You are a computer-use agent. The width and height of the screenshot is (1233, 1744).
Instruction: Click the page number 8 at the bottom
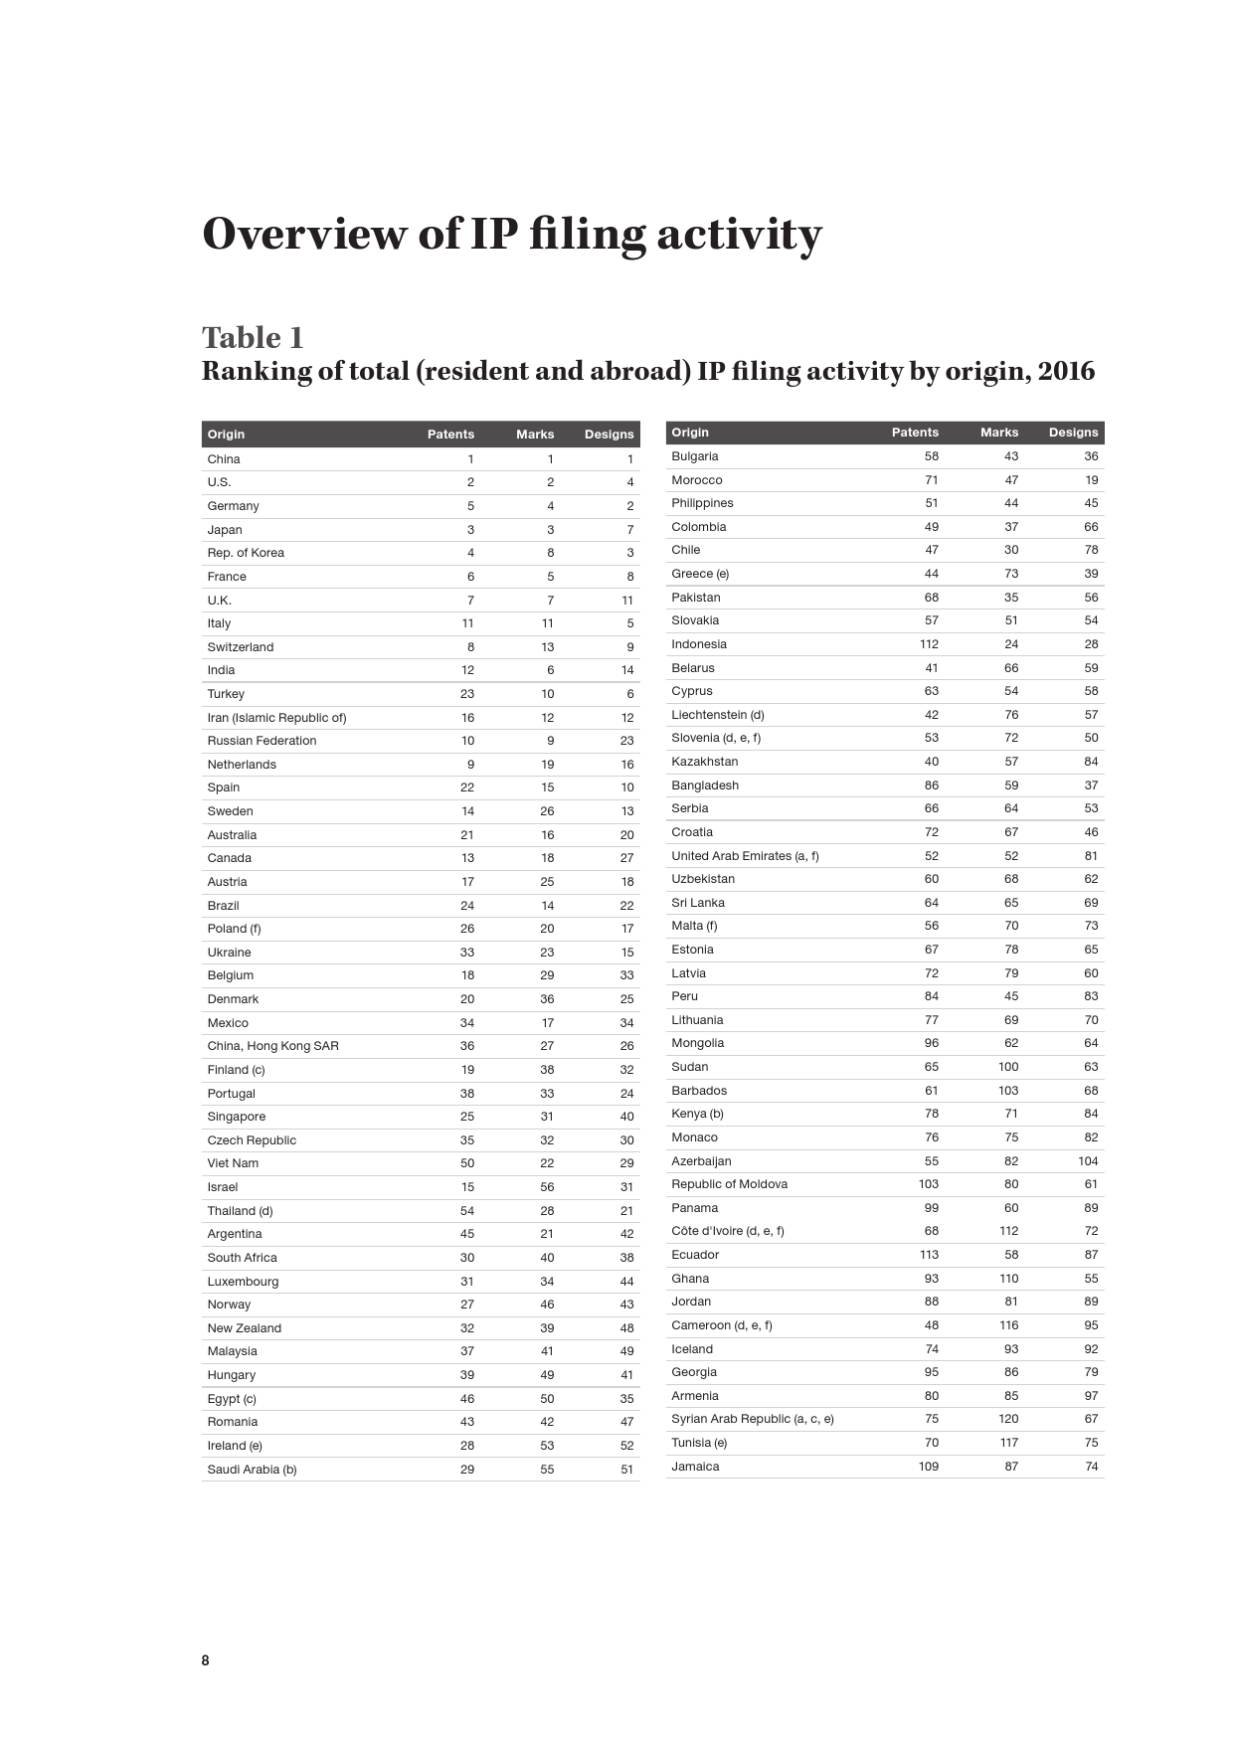click(x=206, y=1659)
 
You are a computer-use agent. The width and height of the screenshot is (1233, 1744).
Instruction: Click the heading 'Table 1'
click(x=253, y=338)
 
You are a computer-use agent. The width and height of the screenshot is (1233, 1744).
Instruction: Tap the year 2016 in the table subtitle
click(x=1066, y=371)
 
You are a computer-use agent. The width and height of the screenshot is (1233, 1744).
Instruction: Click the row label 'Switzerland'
click(x=241, y=647)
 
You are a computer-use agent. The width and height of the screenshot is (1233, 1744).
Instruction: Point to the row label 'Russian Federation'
click(x=262, y=741)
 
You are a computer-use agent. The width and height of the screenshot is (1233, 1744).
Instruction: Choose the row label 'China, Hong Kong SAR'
click(x=272, y=1046)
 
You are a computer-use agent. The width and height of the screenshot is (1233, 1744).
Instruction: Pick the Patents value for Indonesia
click(x=929, y=644)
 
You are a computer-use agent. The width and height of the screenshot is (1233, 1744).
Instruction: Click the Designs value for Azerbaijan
click(x=1088, y=1161)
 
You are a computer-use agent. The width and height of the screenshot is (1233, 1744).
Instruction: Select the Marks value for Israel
click(x=547, y=1187)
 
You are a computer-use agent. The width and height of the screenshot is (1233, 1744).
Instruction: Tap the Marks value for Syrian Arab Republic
click(x=1008, y=1419)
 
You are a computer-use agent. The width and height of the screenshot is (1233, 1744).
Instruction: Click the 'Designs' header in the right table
click(x=1073, y=433)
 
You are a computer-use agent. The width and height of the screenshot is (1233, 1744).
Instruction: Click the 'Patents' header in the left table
click(x=450, y=435)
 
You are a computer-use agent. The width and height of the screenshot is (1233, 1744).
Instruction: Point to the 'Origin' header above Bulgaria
click(x=690, y=433)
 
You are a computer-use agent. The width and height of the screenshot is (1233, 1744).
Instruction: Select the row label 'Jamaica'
click(x=695, y=1467)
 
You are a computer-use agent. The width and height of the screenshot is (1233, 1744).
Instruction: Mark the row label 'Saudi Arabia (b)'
click(x=252, y=1470)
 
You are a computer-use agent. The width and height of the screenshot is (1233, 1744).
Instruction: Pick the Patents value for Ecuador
click(x=929, y=1255)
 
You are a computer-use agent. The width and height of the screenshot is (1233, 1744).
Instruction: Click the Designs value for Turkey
click(x=629, y=694)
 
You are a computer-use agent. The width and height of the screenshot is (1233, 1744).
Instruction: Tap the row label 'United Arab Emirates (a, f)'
click(x=745, y=856)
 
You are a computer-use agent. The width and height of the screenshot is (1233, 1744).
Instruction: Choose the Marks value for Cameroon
click(x=1008, y=1325)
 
